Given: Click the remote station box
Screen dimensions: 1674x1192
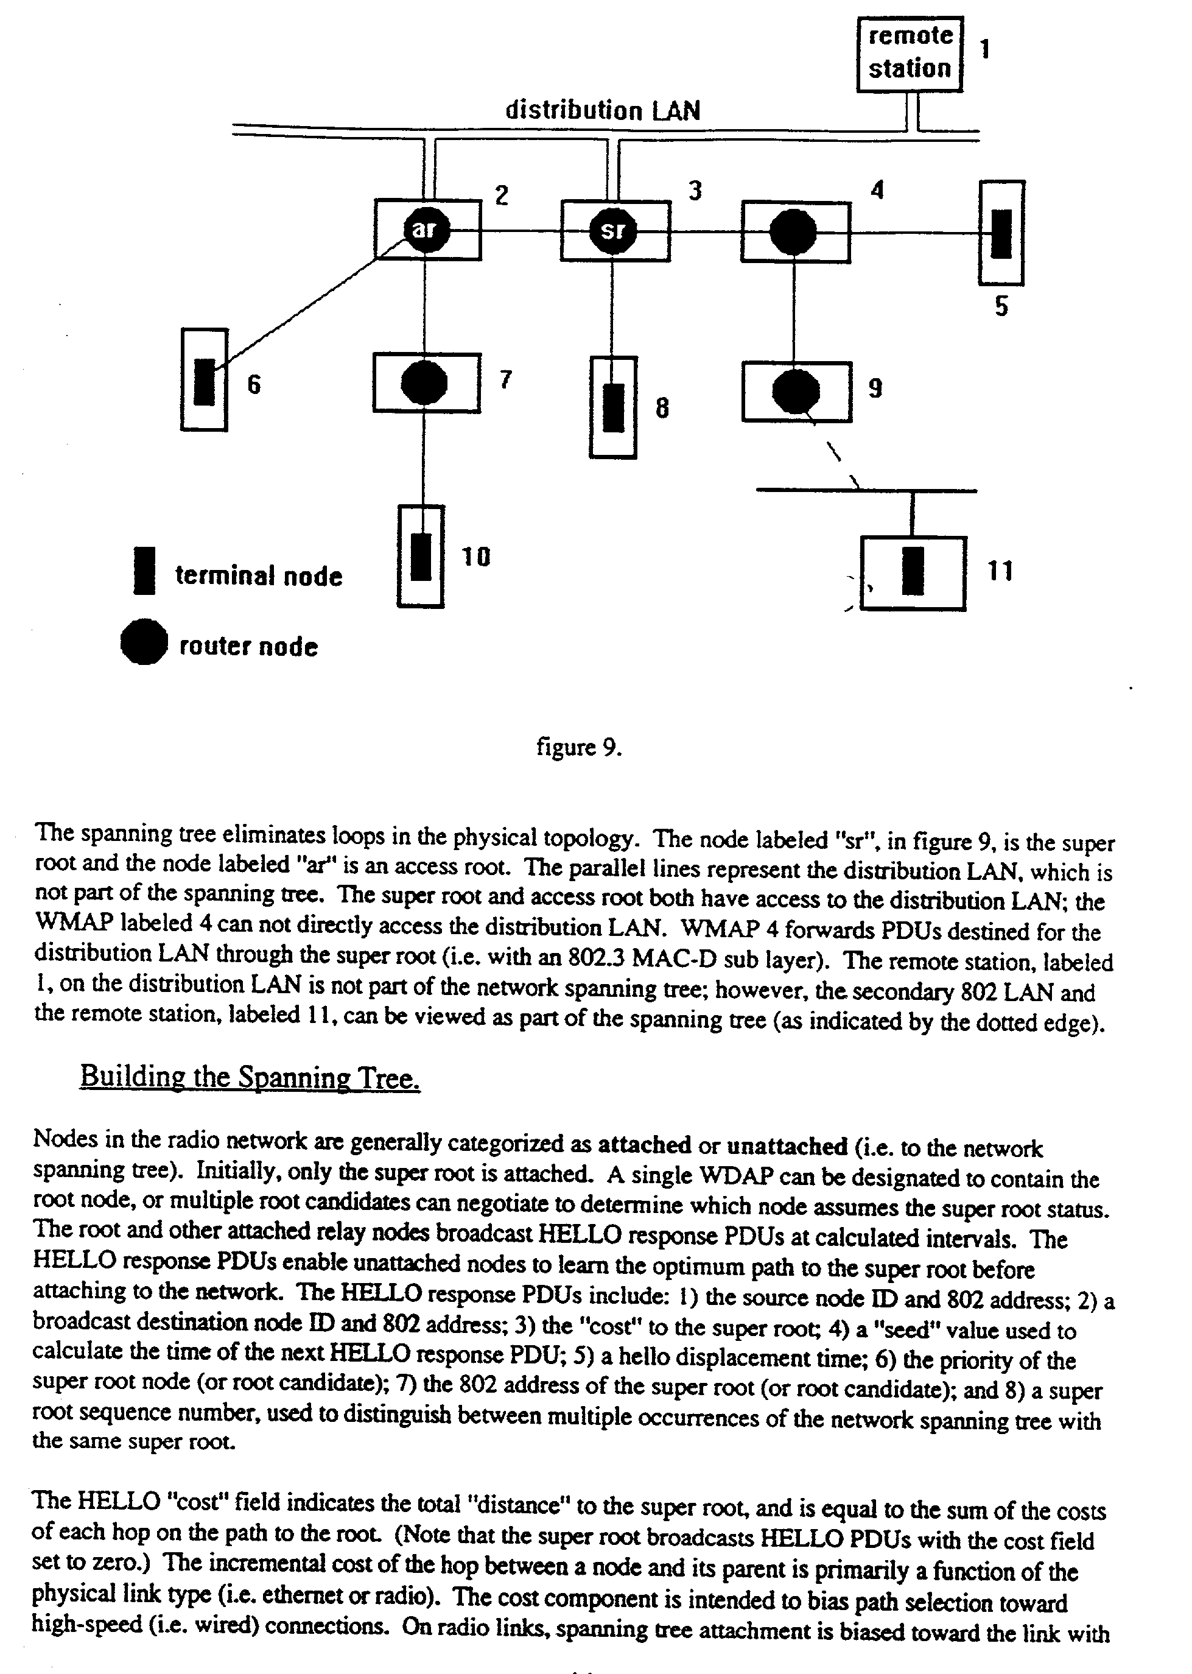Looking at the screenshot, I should tap(910, 54).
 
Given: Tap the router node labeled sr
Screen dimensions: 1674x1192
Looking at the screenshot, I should tap(614, 231).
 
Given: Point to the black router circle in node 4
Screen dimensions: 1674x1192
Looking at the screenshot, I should tap(793, 232).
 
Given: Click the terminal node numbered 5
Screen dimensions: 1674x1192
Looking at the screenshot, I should tap(1001, 233).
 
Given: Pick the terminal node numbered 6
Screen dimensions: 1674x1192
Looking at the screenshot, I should tap(205, 381).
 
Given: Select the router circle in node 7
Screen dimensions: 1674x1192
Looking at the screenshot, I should tap(424, 382).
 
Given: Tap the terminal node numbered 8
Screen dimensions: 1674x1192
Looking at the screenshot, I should tap(613, 407).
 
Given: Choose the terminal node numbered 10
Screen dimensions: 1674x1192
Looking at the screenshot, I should tap(421, 557).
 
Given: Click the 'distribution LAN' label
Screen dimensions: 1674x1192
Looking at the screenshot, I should tap(603, 111).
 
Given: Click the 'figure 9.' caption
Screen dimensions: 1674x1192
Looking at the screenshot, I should tap(579, 747).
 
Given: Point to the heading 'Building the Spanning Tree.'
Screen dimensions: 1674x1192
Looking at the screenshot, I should tap(250, 1077).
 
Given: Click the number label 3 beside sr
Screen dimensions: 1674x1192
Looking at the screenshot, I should tap(695, 191).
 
